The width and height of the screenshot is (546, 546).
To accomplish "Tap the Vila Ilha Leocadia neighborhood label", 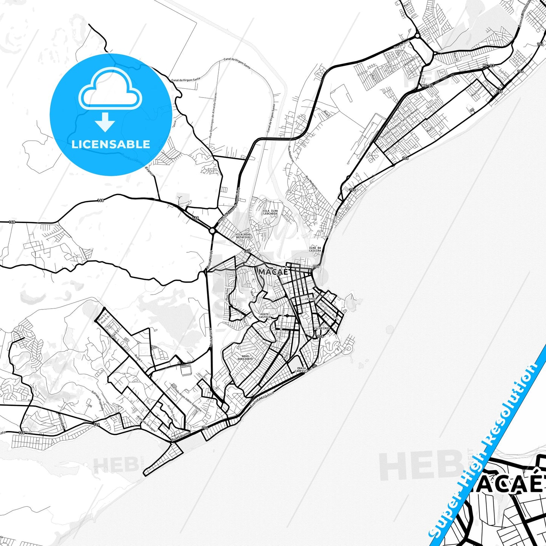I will tap(270, 212).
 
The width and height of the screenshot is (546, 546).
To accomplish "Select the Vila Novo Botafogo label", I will tap(243, 236).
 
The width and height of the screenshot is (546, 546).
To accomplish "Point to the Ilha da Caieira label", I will tap(315, 249).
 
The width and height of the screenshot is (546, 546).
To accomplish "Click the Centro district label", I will tap(310, 299).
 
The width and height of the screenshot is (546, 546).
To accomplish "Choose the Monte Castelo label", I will tap(264, 316).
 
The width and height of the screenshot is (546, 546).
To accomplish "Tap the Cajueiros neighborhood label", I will tap(322, 328).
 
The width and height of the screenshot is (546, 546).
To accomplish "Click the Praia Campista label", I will tap(302, 370).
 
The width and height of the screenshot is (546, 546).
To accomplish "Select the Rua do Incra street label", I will tap(402, 45).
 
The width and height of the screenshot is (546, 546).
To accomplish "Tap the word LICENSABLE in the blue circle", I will tap(111, 144).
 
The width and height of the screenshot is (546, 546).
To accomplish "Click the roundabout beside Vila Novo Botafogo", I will tap(212, 230).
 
